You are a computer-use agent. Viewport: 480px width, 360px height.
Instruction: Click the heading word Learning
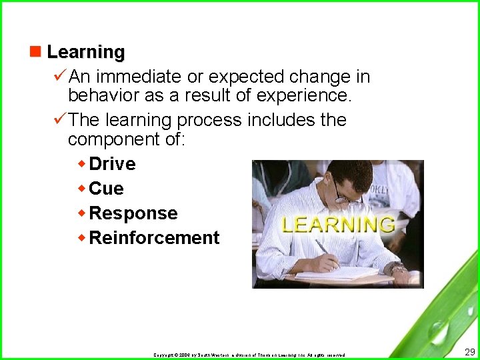tap(85, 52)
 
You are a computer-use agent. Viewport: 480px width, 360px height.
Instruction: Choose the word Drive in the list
tap(112, 164)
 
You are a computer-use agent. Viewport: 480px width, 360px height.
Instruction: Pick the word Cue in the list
tap(106, 189)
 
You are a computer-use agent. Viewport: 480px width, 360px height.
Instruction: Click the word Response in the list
tap(133, 213)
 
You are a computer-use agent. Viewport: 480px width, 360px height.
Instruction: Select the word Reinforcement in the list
tap(154, 238)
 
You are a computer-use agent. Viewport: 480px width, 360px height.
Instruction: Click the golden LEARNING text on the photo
tap(337, 224)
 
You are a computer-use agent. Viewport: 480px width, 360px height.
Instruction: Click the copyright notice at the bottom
tap(249, 355)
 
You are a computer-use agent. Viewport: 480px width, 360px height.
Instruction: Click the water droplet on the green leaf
tap(438, 330)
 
